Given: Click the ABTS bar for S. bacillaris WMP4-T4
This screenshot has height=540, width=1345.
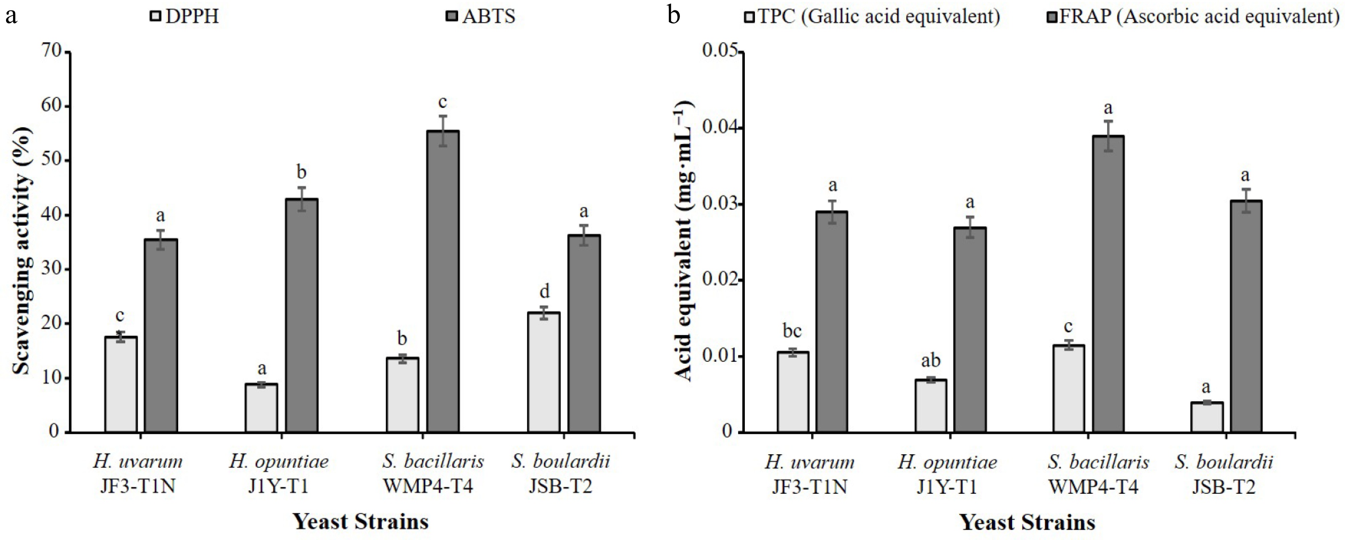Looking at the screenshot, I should coord(443,282).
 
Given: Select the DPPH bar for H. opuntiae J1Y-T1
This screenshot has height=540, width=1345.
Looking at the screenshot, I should coord(262,408).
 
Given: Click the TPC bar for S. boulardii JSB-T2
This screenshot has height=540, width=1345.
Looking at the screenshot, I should coord(1207,417).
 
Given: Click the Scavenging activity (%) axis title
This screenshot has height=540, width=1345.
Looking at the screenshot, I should coord(22,251).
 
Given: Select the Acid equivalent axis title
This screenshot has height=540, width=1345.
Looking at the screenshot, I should coord(684,240).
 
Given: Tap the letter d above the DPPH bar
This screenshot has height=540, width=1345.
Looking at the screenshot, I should coord(544,291).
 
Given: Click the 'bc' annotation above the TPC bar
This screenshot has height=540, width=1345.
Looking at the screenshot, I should coord(792,331).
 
